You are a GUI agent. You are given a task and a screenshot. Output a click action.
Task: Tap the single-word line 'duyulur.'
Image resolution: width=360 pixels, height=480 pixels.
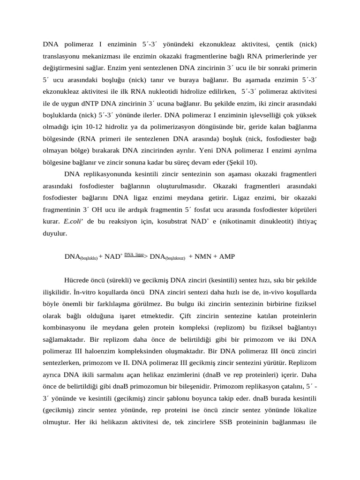(x=55, y=232)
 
